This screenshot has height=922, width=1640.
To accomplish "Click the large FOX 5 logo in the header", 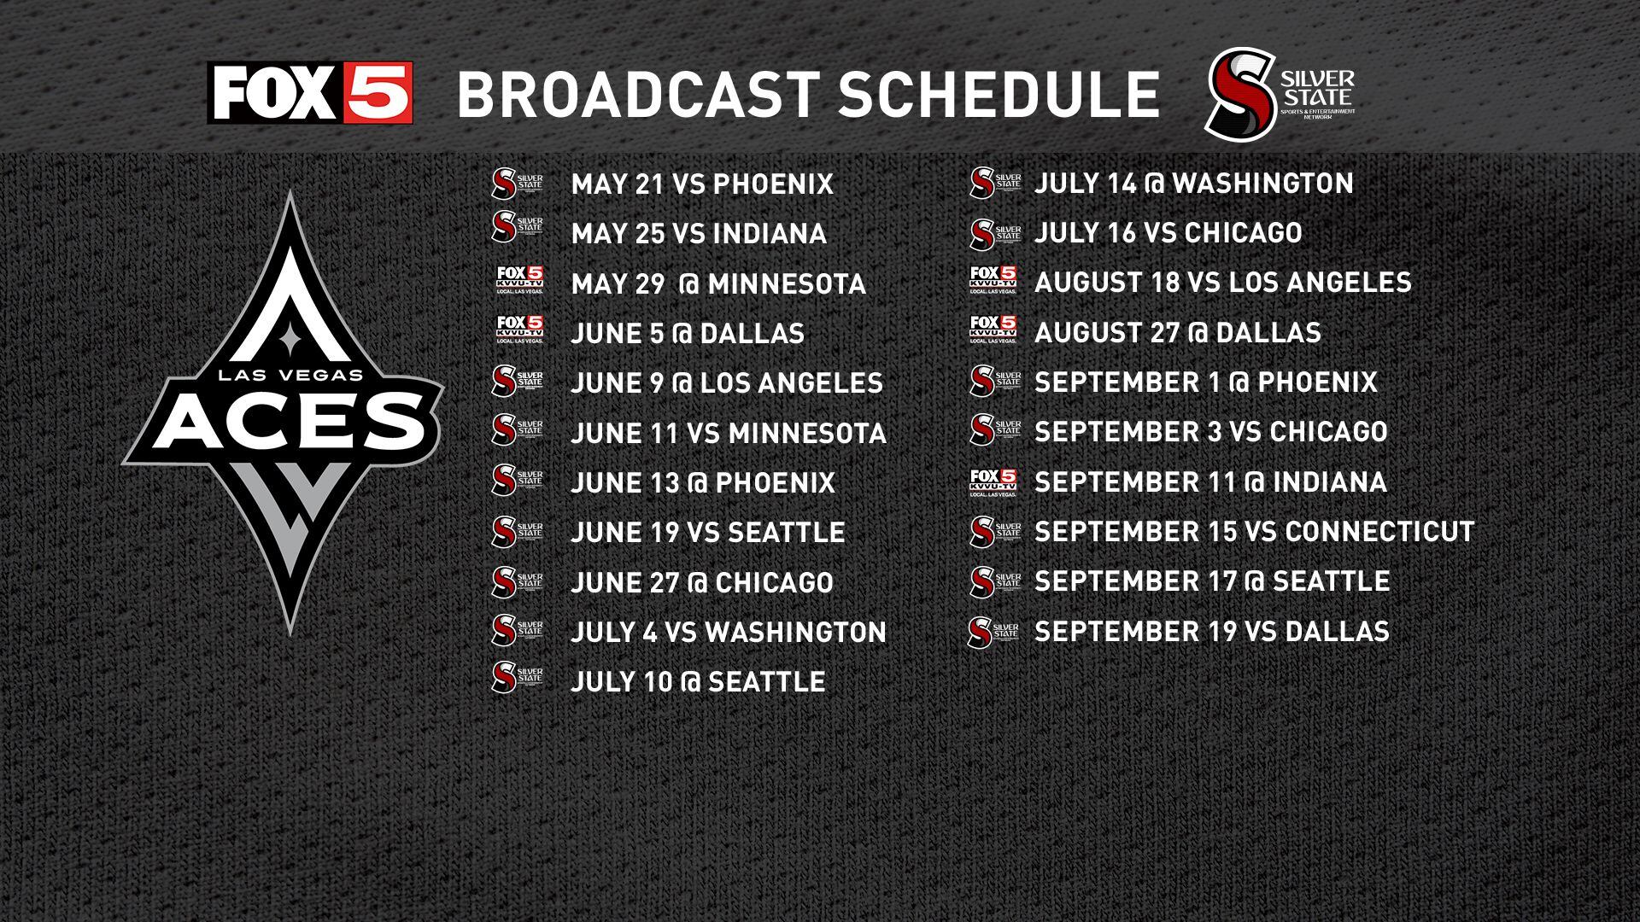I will click(310, 92).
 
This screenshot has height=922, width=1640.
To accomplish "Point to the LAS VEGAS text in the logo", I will click(290, 374).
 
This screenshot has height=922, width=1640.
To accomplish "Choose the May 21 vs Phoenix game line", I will click(701, 184).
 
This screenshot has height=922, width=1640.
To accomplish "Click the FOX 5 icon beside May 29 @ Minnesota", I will click(519, 280).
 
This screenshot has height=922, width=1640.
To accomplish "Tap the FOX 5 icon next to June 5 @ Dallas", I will click(519, 330).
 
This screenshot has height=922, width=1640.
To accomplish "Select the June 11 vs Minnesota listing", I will click(728, 434).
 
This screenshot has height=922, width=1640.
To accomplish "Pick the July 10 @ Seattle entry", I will click(698, 682).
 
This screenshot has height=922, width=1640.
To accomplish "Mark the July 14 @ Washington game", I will click(1193, 184).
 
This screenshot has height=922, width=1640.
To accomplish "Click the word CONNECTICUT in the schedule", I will click(1379, 532).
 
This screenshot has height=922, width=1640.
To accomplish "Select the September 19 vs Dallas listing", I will click(1211, 632).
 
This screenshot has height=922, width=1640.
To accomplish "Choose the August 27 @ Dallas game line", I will click(1177, 333).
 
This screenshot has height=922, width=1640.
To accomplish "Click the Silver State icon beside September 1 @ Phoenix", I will click(995, 382).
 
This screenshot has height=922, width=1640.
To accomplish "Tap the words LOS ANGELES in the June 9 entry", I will click(792, 383).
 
